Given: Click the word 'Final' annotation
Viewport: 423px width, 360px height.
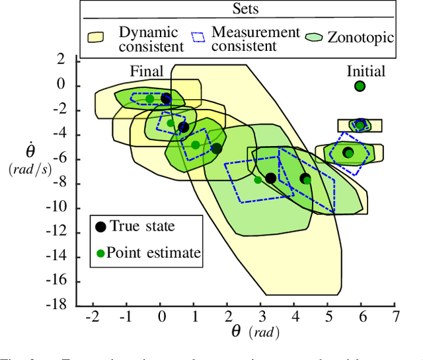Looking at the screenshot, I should [x=147, y=72].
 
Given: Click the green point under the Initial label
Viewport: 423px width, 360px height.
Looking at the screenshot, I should [x=360, y=86].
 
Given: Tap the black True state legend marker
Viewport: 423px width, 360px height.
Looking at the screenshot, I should [x=100, y=227].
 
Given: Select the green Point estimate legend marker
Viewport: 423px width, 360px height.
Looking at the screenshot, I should [x=100, y=252].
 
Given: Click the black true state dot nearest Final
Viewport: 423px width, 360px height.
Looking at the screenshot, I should [x=166, y=98].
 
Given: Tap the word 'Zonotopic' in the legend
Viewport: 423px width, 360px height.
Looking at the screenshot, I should [x=360, y=37].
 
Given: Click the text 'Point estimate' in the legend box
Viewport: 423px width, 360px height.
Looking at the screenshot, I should [x=153, y=252].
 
